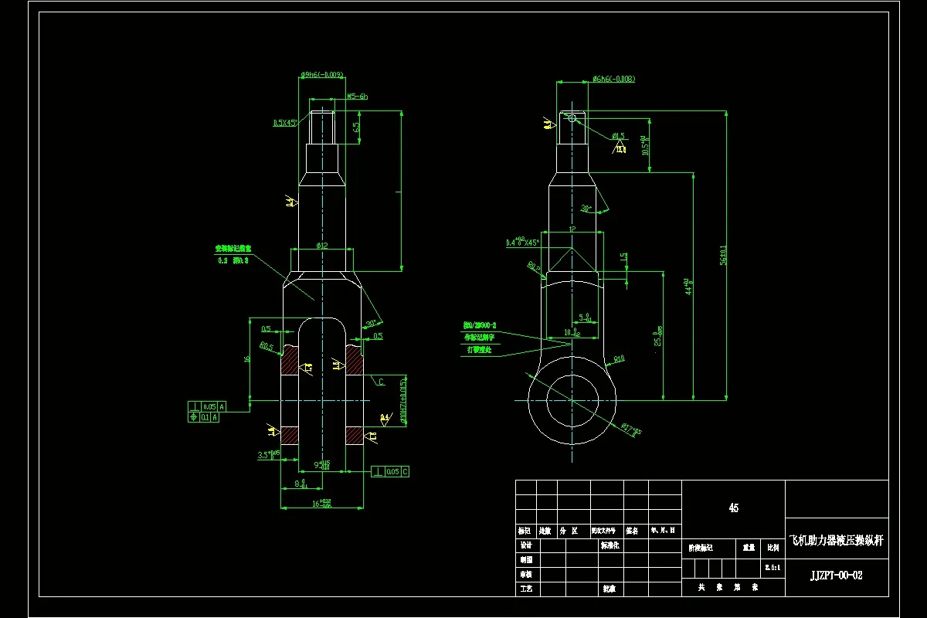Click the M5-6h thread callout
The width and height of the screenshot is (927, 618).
[357, 97]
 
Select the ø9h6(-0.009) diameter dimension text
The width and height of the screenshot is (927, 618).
[321, 76]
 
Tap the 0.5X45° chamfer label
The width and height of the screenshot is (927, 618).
[285, 123]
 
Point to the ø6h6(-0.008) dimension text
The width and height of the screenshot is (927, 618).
[613, 79]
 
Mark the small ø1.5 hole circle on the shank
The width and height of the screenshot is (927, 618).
[572, 117]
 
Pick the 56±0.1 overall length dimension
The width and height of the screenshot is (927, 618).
[723, 255]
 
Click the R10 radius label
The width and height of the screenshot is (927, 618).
[619, 358]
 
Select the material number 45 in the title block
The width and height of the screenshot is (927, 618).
[733, 508]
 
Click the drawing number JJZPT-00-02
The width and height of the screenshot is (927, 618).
[836, 576]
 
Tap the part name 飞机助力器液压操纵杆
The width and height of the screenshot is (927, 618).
[836, 542]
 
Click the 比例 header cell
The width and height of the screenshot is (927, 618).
[772, 548]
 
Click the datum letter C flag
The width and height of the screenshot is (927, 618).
[382, 382]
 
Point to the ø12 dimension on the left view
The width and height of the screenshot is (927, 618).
[322, 246]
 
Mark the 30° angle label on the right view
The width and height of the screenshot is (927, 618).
[586, 209]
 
